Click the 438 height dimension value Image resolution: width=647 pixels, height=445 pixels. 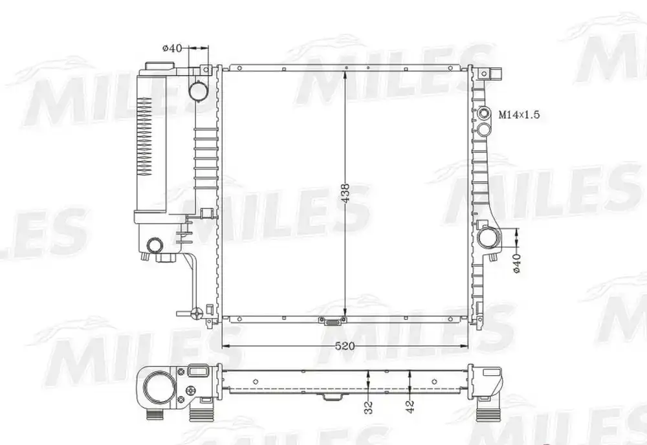point(345,193)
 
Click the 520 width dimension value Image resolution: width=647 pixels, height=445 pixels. point(345,346)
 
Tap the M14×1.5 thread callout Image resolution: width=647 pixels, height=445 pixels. point(519,114)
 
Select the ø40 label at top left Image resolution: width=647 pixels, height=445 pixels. point(172,49)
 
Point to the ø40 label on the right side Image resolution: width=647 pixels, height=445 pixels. point(517,263)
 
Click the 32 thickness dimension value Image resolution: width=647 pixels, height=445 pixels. point(369,407)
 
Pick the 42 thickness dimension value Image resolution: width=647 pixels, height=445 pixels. point(410,407)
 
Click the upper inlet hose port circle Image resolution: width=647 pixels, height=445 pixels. point(199,91)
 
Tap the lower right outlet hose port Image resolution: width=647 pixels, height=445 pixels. point(488,238)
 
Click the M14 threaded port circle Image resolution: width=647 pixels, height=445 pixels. point(483,114)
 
